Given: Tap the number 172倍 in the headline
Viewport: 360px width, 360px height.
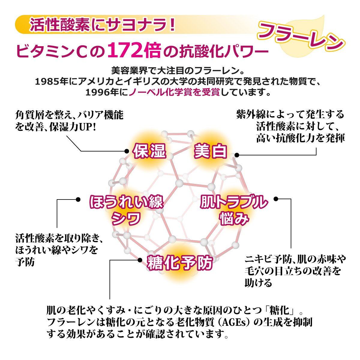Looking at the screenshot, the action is (x=134, y=50).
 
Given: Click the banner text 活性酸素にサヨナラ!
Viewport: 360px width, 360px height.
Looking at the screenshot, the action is (x=102, y=25).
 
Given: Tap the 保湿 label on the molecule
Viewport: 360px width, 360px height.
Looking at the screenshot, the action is (x=149, y=151).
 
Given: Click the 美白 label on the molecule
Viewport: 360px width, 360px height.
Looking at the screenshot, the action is (x=210, y=151).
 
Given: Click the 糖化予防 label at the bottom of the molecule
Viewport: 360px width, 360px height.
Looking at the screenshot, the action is (x=180, y=263).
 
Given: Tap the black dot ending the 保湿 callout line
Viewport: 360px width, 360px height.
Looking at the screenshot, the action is (x=127, y=151).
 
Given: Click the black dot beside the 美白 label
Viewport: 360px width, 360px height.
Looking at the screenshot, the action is (x=237, y=155).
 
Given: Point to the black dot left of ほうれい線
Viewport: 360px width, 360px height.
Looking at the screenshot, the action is (x=78, y=199).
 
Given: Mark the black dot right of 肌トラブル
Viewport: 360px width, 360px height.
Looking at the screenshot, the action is (x=276, y=199).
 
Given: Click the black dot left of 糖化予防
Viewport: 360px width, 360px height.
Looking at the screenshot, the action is (x=140, y=260).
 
